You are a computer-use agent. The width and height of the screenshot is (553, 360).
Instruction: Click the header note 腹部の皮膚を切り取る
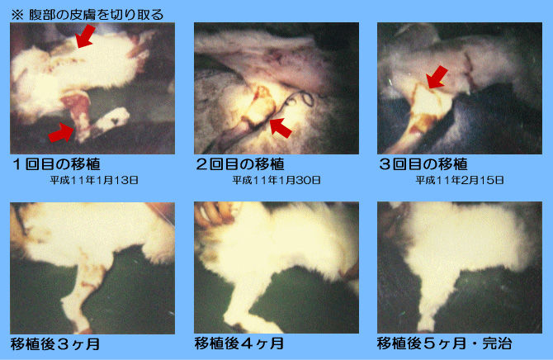coord(97,15)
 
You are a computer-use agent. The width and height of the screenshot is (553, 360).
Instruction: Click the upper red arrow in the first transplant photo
coord(86,36)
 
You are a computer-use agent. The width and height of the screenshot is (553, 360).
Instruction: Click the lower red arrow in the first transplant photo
coord(62,132)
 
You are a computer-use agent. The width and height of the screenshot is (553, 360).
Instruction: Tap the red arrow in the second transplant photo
coord(281,128)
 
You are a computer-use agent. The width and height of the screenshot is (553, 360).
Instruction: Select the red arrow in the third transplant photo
coord(437,77)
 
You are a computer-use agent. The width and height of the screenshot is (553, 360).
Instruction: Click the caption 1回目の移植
coord(56,164)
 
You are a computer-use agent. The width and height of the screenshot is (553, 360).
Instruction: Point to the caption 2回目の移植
coord(240,164)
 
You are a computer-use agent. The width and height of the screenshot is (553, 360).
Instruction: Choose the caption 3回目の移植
coord(423,164)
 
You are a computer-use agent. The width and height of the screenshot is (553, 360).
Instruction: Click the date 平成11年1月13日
coord(94,180)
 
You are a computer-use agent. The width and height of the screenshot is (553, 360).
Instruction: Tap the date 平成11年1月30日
coord(276,180)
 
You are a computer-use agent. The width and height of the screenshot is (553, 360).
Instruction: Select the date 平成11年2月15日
coord(460,180)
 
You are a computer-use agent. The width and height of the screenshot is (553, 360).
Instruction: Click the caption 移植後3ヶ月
coord(55,344)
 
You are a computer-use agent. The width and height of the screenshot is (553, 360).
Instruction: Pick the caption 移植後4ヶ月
coord(239,343)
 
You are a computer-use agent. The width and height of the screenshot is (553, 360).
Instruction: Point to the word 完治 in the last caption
coord(497,343)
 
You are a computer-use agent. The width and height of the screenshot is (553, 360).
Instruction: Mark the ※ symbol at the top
coord(17,15)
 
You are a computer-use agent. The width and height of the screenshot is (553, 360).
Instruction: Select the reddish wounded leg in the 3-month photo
coord(81,293)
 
